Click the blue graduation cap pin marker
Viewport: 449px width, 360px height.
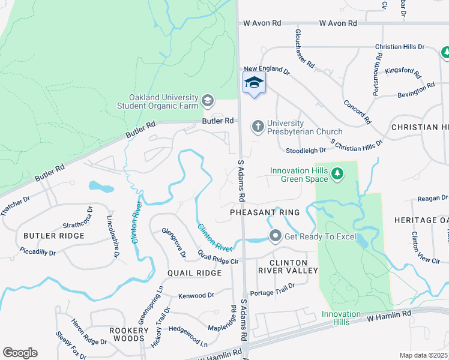(x=254, y=83)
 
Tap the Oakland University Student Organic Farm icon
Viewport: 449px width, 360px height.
(x=208, y=100)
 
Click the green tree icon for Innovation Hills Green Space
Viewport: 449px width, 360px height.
(x=338, y=174)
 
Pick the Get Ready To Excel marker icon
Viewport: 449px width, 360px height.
(x=275, y=236)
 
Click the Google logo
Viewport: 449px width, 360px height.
(x=20, y=352)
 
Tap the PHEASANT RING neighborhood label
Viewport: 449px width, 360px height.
(x=264, y=212)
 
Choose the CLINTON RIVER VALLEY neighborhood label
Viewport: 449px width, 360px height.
(x=288, y=267)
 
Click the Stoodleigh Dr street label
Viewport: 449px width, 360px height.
(x=306, y=151)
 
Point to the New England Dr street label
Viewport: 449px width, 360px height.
(x=267, y=71)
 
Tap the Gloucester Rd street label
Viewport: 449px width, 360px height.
(x=305, y=48)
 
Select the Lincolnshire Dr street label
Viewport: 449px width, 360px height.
(x=112, y=238)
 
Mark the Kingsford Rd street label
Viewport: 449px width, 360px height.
(x=403, y=71)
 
